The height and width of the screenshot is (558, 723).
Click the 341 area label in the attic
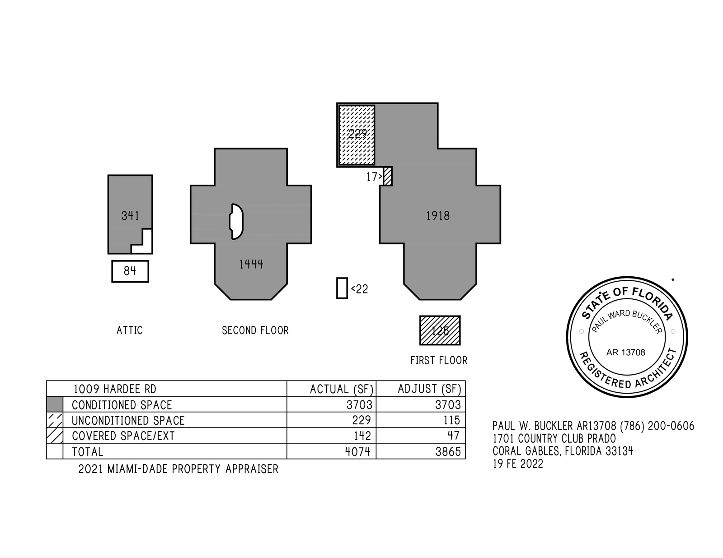130,216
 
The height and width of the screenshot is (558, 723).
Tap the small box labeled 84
130,271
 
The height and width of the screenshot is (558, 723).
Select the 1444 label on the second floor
251,264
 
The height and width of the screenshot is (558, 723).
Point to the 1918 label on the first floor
438,216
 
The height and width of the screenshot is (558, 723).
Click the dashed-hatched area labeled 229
357,135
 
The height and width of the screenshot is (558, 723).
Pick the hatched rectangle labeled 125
440,330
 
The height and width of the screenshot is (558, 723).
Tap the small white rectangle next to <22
342,288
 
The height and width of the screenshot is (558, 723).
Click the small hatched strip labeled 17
388,176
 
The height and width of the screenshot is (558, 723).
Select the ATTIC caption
130,330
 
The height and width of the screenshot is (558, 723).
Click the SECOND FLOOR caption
255,330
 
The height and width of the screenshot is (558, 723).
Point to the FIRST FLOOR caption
439,360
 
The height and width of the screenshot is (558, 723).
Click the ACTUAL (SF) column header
342,389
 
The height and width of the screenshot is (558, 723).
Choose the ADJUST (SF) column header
429,389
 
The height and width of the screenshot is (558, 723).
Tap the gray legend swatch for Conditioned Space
55,405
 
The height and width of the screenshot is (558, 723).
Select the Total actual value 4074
358,451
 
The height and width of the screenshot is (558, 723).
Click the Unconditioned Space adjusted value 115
451,420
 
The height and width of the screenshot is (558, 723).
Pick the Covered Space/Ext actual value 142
362,436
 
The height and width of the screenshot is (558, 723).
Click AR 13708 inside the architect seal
626,353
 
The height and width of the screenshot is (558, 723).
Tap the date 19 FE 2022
518,464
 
